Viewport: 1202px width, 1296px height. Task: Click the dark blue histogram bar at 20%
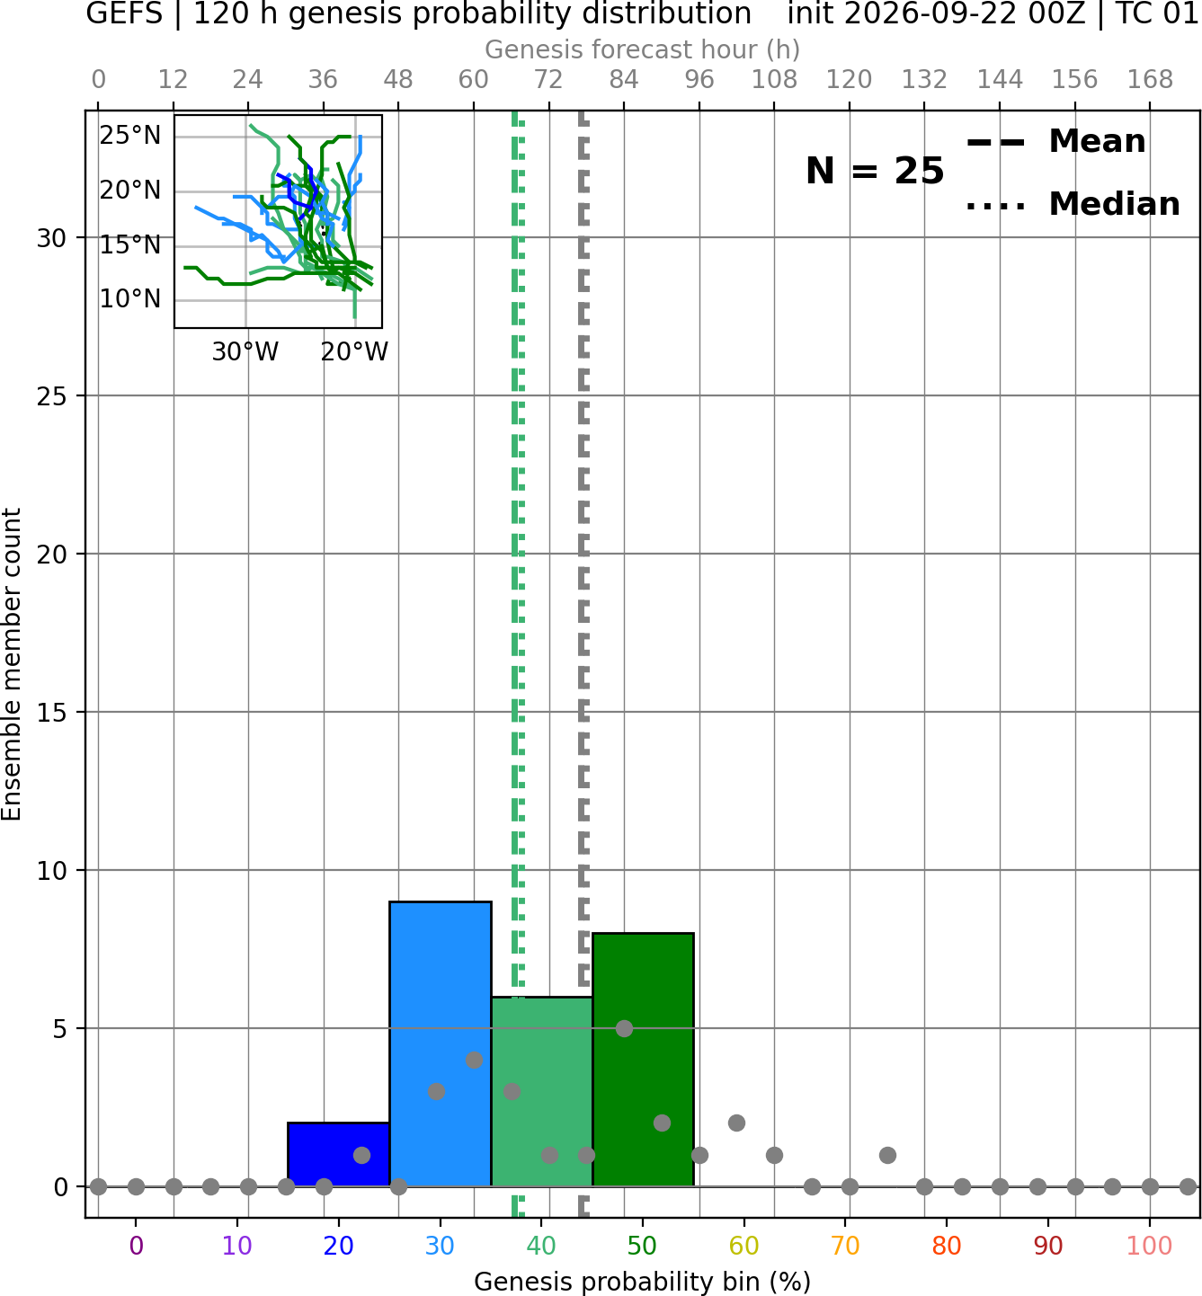(x=338, y=1154)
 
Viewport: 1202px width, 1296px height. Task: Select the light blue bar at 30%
(x=440, y=1043)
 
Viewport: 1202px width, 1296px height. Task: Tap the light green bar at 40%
(x=541, y=1091)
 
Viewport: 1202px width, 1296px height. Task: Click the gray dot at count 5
(x=624, y=1028)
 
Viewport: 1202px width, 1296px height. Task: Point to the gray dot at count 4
(x=474, y=1060)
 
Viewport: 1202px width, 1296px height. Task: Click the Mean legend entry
(x=1055, y=142)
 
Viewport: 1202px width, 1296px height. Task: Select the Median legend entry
(x=1073, y=204)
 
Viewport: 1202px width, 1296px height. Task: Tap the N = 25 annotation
(x=875, y=171)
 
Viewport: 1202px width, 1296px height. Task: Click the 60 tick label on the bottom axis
(x=743, y=1246)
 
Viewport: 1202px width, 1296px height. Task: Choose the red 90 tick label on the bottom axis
(x=1048, y=1246)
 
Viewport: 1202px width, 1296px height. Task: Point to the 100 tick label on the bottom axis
(x=1149, y=1246)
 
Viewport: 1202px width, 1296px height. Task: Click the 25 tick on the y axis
(x=52, y=396)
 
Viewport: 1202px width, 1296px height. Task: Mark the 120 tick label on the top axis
(x=849, y=80)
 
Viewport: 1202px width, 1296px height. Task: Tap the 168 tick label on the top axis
(x=1150, y=80)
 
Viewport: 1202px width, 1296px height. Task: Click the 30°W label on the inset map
(x=245, y=351)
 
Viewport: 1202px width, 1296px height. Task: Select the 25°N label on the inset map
(x=130, y=136)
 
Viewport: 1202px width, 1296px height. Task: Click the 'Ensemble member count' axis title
(x=11, y=664)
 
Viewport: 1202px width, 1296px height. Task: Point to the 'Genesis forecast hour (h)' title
(x=643, y=49)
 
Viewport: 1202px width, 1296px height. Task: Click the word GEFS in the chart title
(x=124, y=13)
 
